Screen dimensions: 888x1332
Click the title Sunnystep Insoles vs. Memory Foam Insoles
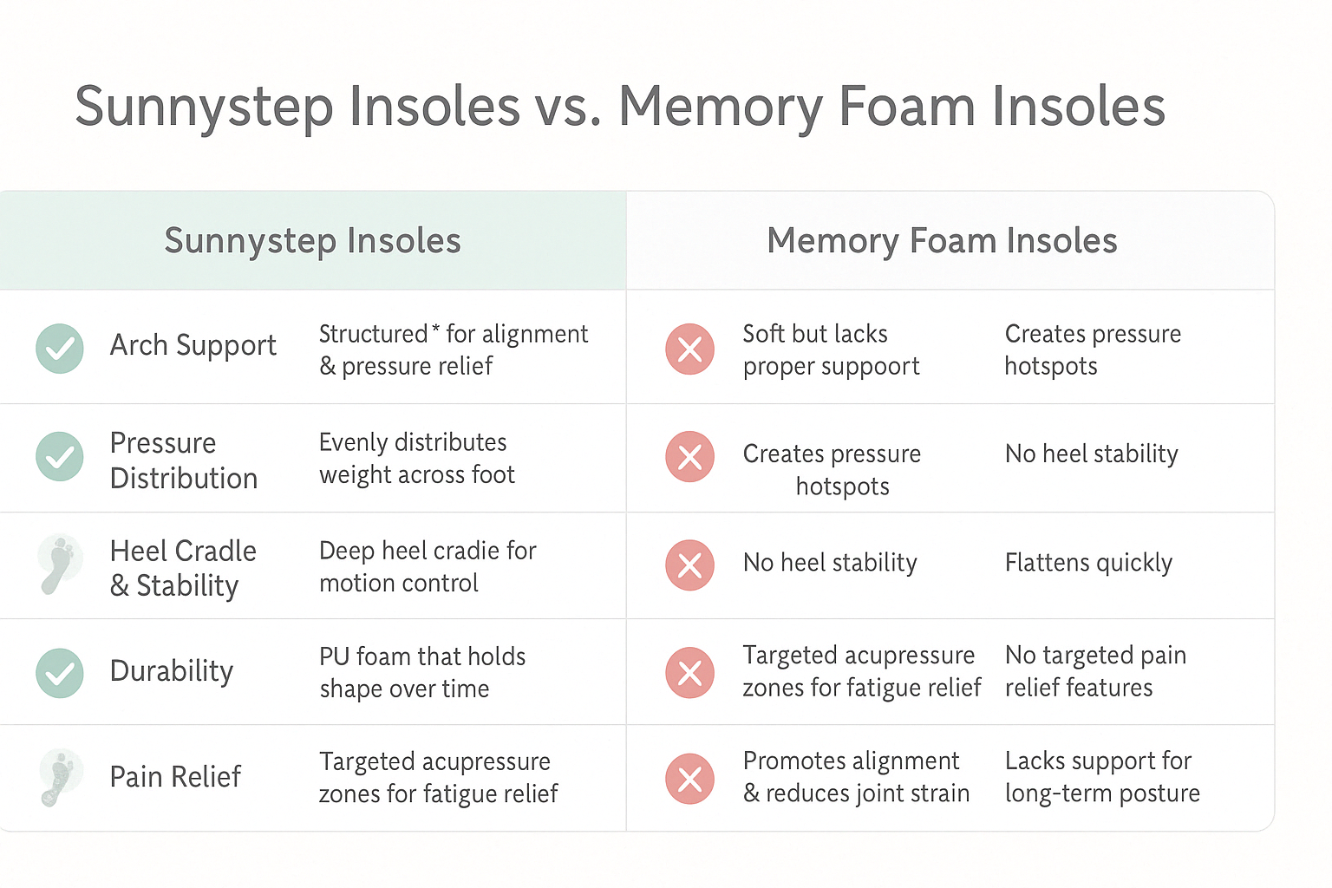[620, 107]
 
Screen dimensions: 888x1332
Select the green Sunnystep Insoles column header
[312, 241]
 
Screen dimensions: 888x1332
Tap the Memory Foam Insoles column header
[942, 241]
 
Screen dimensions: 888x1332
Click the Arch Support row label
[193, 345]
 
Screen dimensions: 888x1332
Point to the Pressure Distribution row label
[184, 460]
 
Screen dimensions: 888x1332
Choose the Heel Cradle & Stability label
[183, 568]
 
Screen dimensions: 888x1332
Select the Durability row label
[172, 671]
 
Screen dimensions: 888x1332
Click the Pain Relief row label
[175, 777]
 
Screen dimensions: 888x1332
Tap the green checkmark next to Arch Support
[60, 349]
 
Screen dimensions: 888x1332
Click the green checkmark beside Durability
[60, 673]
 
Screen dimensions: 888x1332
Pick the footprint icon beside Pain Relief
[60, 777]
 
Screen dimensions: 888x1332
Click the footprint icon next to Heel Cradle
[60, 565]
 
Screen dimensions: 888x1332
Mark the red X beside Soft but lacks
[689, 349]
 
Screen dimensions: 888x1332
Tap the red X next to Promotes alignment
[689, 779]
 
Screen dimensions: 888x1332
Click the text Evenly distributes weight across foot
[416, 459]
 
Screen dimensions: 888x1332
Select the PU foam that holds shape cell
[422, 672]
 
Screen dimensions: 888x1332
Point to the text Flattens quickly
[1088, 564]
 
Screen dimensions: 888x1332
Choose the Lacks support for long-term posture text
[1102, 777]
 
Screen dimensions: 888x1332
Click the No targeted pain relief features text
[1095, 671]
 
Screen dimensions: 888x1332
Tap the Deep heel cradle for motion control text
[428, 567]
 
